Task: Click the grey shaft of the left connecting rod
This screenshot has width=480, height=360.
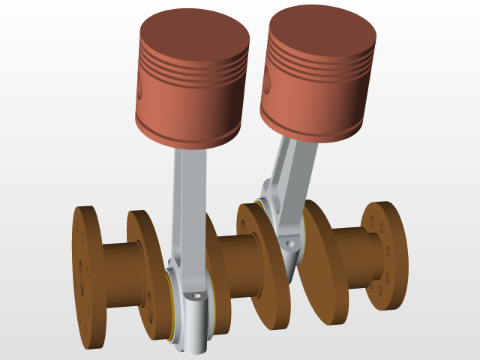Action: (x=187, y=202)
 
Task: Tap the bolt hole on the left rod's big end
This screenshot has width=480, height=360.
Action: (x=196, y=296)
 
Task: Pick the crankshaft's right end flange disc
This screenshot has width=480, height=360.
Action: (x=386, y=255)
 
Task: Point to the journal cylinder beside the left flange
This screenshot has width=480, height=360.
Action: (x=120, y=274)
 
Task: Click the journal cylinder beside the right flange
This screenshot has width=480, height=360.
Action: (x=352, y=259)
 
